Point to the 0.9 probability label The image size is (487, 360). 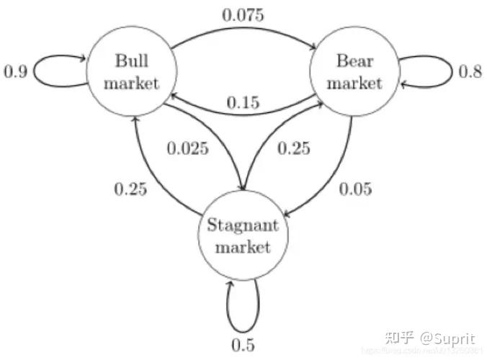[17, 73]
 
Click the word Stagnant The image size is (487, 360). [242, 225]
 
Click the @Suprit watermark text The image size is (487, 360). [449, 337]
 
